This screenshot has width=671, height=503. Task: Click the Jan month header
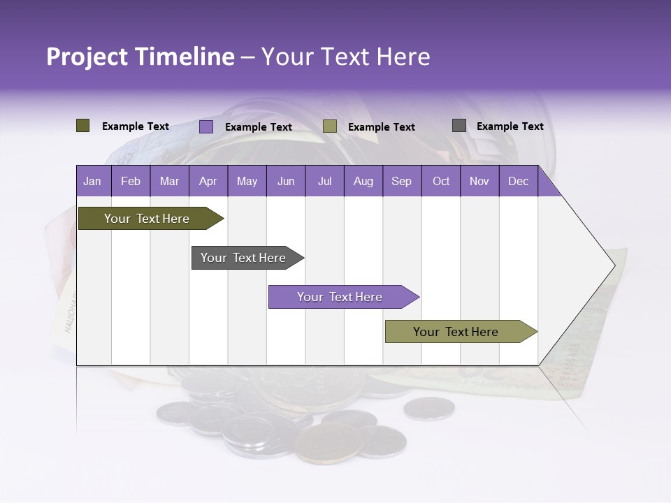[x=92, y=182]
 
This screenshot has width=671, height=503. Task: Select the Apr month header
[x=208, y=182]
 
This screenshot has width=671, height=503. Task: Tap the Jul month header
[x=324, y=182]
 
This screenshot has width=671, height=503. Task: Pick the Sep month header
[x=401, y=182]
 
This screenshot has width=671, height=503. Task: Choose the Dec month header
[x=518, y=182]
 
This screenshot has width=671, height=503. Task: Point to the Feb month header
[x=131, y=182]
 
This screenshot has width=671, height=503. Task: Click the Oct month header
[x=441, y=182]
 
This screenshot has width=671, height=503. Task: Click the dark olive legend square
[x=83, y=126]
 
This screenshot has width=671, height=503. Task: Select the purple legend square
[x=206, y=126]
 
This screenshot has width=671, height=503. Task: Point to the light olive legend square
[x=330, y=126]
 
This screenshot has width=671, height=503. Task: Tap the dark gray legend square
[x=459, y=126]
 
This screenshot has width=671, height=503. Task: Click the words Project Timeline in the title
[x=140, y=57]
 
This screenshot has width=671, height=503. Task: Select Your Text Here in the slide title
[x=345, y=57]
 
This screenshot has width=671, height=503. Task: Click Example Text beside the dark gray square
[x=510, y=126]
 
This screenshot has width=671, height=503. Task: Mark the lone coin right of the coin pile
[x=429, y=408]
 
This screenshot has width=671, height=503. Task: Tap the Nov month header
[x=479, y=182]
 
